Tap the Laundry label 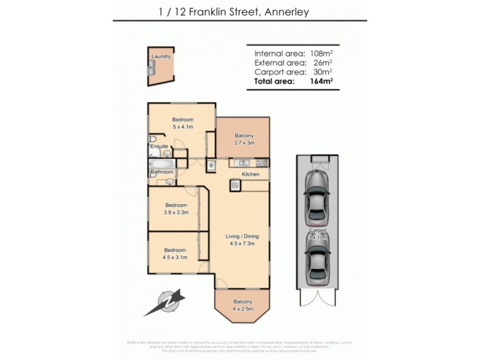(161, 56)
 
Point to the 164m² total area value (320, 81)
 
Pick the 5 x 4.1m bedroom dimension (182, 127)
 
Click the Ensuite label (159, 146)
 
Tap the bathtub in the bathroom (161, 164)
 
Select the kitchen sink (242, 163)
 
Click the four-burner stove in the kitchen (262, 163)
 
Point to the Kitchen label (250, 175)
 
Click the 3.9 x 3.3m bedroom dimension (176, 212)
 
